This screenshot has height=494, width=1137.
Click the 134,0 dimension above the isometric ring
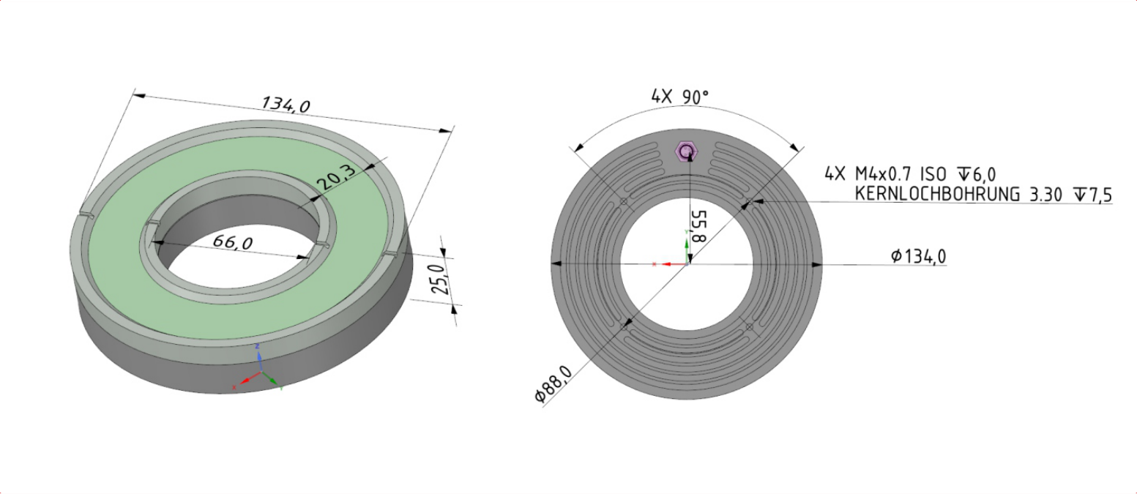[x=285, y=104]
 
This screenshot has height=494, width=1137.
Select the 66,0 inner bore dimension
[x=232, y=242]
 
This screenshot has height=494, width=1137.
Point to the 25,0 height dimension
[x=439, y=280]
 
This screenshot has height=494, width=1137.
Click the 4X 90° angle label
[x=679, y=97]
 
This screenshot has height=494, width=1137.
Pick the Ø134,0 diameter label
[x=918, y=256]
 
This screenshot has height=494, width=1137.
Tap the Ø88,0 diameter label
[x=553, y=384]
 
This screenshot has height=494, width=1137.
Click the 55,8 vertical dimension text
[x=698, y=226]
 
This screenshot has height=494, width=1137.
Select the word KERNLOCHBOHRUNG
[x=937, y=194]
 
